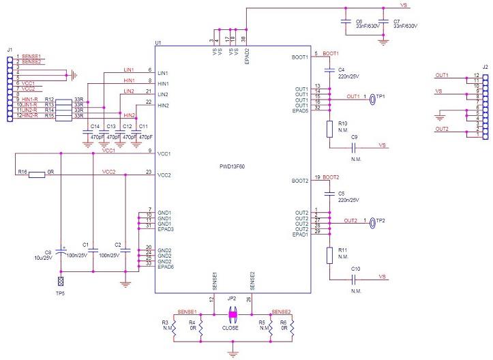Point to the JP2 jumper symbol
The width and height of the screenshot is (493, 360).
[x=232, y=314]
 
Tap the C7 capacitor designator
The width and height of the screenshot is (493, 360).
[x=397, y=21]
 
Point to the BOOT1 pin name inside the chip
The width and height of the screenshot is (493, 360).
[x=299, y=57]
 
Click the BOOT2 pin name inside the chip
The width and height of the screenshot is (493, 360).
[x=299, y=181]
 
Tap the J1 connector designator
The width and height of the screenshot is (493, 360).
[x=9, y=49]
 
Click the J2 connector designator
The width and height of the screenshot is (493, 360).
[x=485, y=67]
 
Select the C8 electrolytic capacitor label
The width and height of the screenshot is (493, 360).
[x=48, y=252]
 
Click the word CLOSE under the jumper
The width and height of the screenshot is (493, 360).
[x=230, y=327]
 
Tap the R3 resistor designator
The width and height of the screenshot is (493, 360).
[x=164, y=322]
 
